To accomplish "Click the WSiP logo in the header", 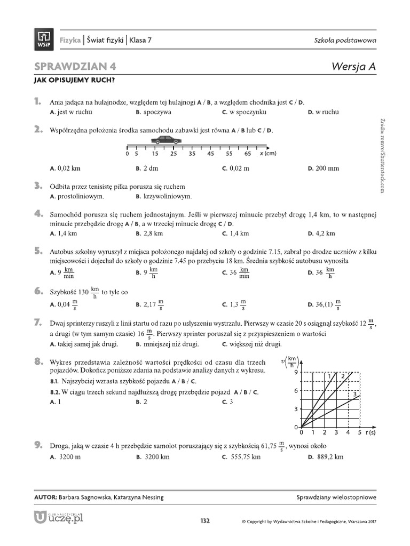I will click(x=44, y=40).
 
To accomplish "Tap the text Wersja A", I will click(x=354, y=66).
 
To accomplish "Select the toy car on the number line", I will click(x=166, y=140).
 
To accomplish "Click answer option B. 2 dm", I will click(x=147, y=168).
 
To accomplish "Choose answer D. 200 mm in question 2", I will click(x=323, y=168).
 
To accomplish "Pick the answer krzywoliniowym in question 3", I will click(x=164, y=196).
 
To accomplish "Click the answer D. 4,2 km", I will click(x=321, y=233).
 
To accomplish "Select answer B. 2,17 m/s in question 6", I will click(x=149, y=304).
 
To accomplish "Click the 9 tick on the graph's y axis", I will click(x=295, y=371).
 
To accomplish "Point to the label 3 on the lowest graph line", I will click(x=355, y=393).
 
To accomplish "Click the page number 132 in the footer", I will click(x=205, y=520).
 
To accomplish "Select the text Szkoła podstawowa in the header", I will click(x=345, y=41).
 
